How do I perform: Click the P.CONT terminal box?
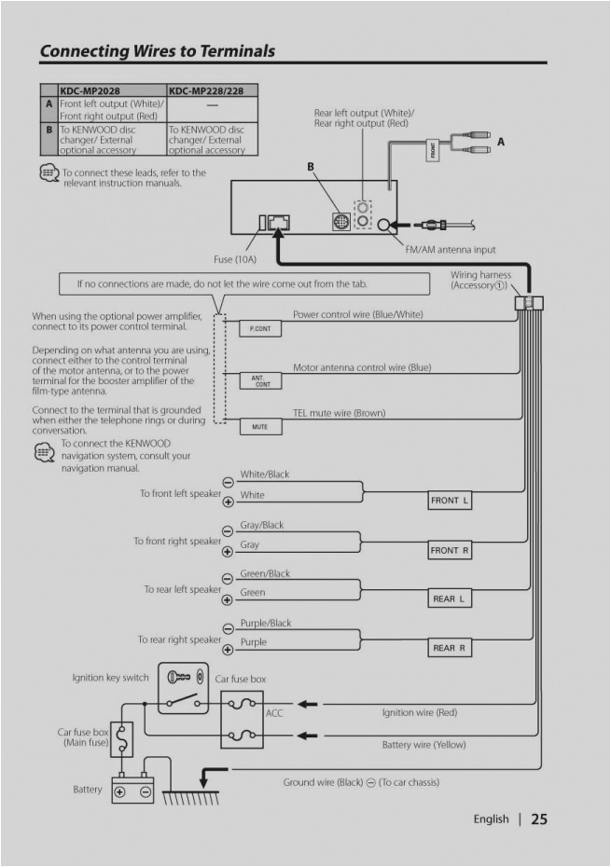(x=260, y=329)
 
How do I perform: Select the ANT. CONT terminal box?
(x=260, y=381)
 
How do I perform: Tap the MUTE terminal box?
(x=260, y=427)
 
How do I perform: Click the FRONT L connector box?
(x=451, y=501)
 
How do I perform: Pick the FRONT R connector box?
(x=451, y=550)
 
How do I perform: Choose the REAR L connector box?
(x=451, y=599)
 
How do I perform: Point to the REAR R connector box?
(x=451, y=648)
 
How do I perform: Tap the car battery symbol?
(x=132, y=789)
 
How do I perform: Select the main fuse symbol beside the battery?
(x=122, y=739)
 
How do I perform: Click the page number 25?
(x=539, y=819)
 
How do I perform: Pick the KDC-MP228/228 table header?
(x=211, y=90)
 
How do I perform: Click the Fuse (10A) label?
(x=235, y=259)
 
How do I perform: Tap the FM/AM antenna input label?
(x=451, y=250)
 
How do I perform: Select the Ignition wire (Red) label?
(x=420, y=712)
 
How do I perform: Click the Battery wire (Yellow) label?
(x=424, y=745)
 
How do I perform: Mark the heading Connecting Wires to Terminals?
(x=157, y=51)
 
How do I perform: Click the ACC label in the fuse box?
(x=274, y=712)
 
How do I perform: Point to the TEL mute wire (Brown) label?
(x=339, y=412)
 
